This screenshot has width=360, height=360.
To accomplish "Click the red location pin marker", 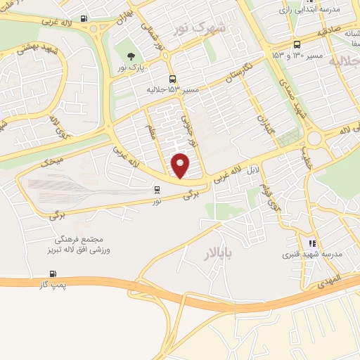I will pyautogui.click(x=181, y=165).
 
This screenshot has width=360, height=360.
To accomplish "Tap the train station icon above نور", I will pyautogui.click(x=157, y=188).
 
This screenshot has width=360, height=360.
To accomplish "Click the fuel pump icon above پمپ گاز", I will pyautogui.click(x=52, y=274).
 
